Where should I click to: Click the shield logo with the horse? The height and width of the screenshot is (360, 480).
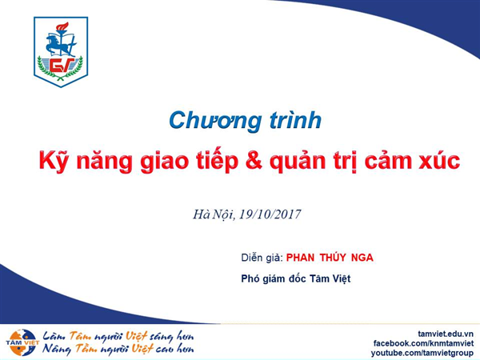61,52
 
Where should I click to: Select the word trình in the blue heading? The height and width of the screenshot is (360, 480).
295,119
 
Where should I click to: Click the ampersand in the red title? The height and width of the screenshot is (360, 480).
254,160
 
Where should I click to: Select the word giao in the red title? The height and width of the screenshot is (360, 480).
164,162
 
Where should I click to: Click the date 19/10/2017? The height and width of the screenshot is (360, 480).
270,214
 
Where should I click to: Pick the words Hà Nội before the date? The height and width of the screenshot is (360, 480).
214,214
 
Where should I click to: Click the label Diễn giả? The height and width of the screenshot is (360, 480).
262,258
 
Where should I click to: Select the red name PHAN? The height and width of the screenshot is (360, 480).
300,258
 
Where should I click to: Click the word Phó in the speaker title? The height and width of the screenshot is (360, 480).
250,278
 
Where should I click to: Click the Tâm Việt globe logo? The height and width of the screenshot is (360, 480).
22,342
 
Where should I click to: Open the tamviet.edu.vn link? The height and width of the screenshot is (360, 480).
446,334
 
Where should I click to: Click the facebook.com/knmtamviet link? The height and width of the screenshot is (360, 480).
423,343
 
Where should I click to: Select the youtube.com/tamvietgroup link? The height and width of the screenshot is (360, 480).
422,353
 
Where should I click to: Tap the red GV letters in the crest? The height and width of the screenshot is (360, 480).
62,65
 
